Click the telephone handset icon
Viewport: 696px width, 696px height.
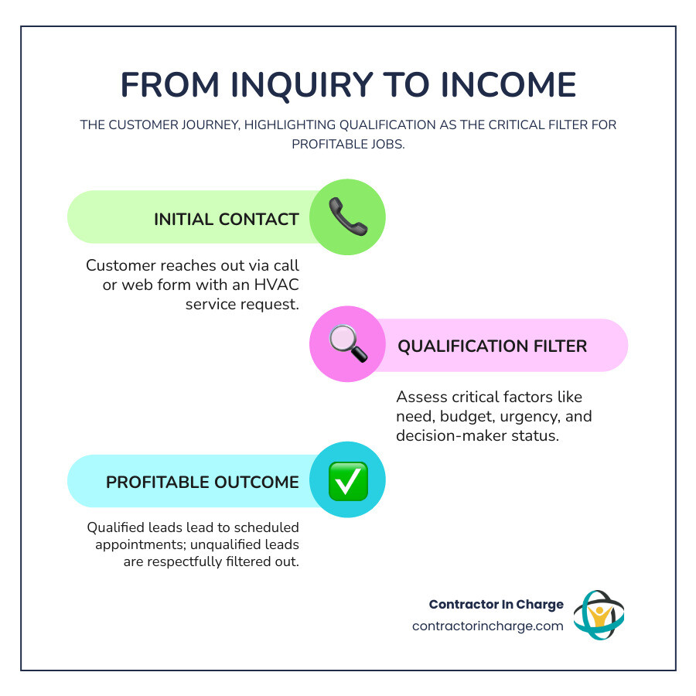(348, 217)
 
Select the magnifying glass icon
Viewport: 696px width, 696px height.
(347, 343)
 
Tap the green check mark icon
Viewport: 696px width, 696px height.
(348, 480)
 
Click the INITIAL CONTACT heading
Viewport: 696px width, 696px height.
(226, 219)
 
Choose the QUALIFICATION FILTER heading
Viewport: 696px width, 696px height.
(492, 346)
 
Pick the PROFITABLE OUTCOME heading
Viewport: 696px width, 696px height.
(202, 482)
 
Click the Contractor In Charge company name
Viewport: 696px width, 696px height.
(496, 604)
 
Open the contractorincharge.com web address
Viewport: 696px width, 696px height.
(487, 626)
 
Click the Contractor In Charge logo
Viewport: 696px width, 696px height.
(598, 615)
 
